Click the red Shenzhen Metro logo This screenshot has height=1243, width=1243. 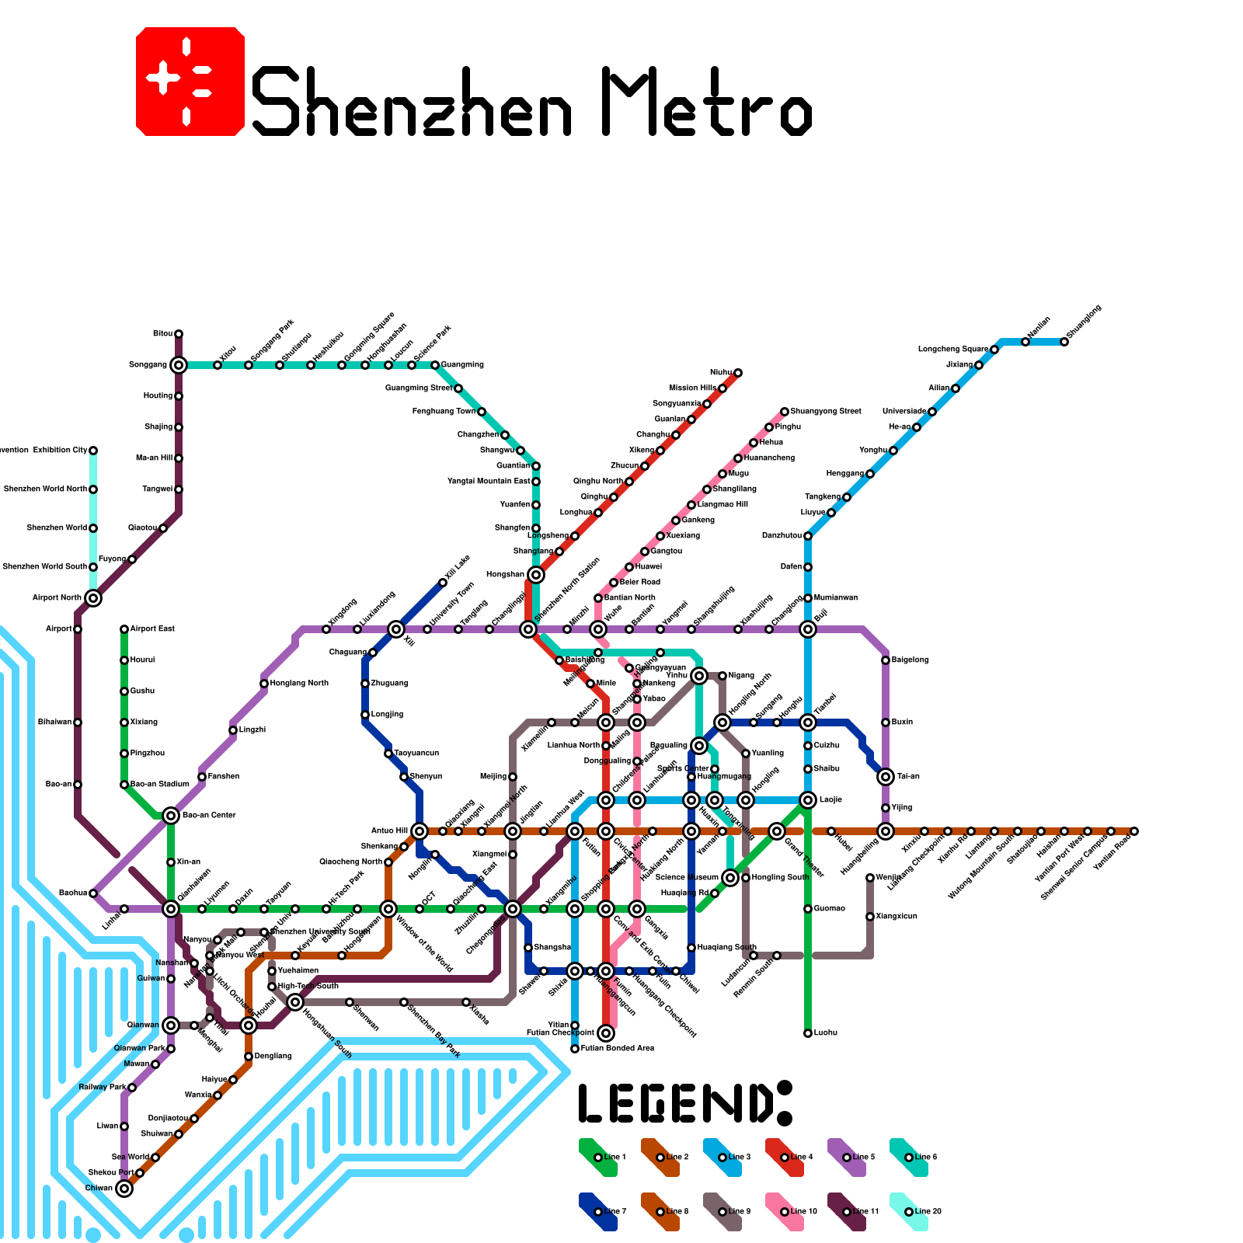point(190,82)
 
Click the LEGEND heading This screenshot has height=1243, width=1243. point(684,1102)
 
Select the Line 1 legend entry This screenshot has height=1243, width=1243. point(598,1158)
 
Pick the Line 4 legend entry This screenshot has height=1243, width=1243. point(785,1158)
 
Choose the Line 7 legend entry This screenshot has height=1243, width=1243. point(598,1212)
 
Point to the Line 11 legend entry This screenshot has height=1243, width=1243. point(847,1212)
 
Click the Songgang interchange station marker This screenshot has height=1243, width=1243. point(179,365)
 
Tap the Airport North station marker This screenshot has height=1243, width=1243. point(93,598)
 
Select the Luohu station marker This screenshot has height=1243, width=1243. point(808,1033)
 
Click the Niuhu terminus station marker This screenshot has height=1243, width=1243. point(738,373)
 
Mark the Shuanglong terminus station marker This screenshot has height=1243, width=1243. point(1064,342)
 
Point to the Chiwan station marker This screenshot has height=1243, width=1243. point(124,1189)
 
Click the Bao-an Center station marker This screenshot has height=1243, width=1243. point(171,816)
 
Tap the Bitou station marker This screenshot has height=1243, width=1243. point(179,334)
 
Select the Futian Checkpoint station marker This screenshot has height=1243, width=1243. point(606,1033)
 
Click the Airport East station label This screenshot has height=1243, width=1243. point(152,629)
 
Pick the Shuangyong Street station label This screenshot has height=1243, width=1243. point(826,412)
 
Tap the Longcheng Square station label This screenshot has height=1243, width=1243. point(953,350)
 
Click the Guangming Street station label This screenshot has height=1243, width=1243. point(419,388)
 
